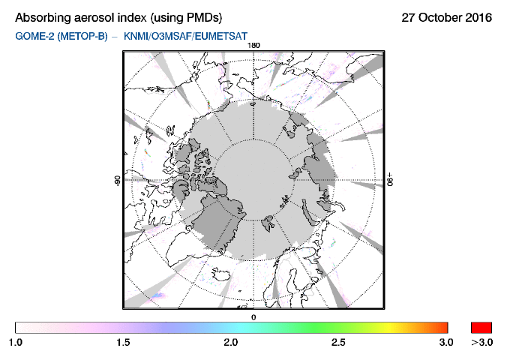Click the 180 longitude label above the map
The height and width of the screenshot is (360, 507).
click(x=253, y=45)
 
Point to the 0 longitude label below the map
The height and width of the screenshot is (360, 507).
click(x=253, y=317)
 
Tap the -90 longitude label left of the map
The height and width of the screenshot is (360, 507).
click(x=117, y=181)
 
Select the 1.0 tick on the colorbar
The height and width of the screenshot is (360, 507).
click(x=16, y=343)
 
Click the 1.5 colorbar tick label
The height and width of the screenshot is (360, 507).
click(x=123, y=343)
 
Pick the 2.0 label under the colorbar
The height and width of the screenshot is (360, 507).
click(x=231, y=343)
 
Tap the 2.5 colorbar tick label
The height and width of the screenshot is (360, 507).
click(x=339, y=343)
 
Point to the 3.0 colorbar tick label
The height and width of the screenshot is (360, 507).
click(x=446, y=343)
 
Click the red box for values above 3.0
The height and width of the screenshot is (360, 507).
click(x=481, y=327)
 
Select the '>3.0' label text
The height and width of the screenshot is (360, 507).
click(x=481, y=343)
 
